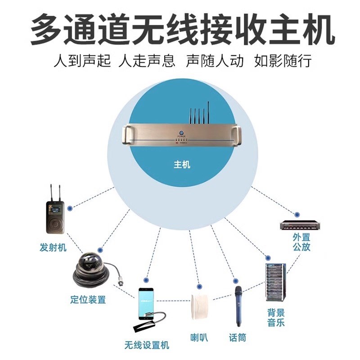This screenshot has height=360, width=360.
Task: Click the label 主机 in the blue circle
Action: point(182,165)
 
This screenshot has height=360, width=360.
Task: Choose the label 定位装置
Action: point(88,299)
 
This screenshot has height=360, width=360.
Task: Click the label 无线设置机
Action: point(147,345)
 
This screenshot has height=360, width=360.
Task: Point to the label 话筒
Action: point(238,337)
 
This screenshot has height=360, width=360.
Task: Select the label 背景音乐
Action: point(275,318)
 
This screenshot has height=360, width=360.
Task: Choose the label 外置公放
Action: point(301,242)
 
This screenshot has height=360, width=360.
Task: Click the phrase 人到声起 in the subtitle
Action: point(81,60)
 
